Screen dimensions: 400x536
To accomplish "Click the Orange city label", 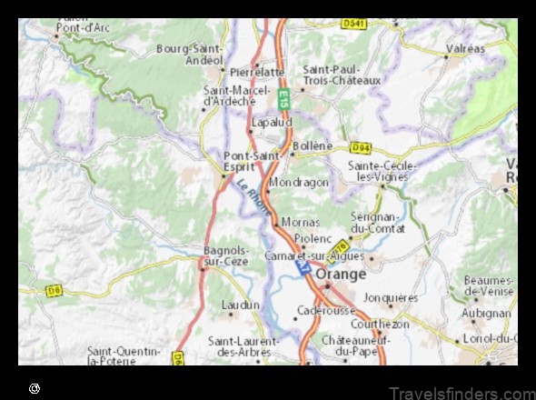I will click(x=341, y=273).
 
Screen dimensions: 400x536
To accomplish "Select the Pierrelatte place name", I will click(x=258, y=71).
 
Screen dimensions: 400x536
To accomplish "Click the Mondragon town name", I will click(x=299, y=182).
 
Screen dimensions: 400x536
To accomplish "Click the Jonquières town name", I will click(x=391, y=297).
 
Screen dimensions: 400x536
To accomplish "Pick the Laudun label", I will click(x=240, y=306).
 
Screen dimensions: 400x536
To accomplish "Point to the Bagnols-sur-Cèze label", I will click(x=223, y=255).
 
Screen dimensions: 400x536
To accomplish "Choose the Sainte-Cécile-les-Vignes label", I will click(x=382, y=170).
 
